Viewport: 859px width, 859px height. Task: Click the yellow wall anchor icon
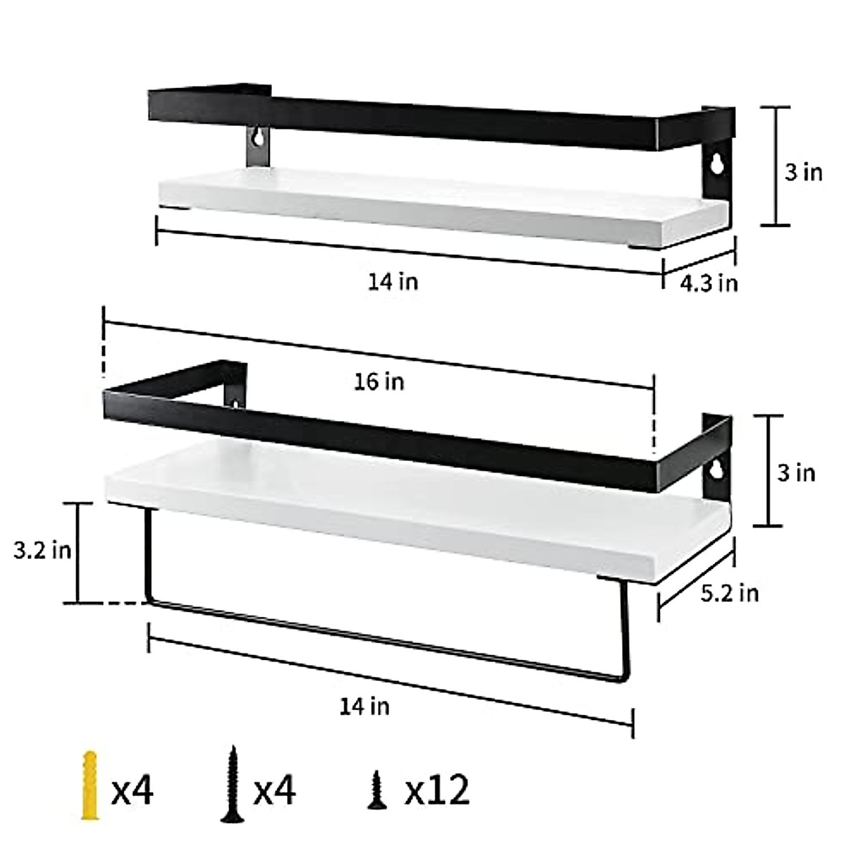(x=89, y=785)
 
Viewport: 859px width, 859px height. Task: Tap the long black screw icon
(x=230, y=785)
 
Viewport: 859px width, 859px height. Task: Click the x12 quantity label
(x=437, y=790)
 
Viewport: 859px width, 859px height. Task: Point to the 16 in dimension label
(x=379, y=382)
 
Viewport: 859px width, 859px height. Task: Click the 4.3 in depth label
(x=708, y=283)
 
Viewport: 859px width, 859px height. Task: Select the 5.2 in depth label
(x=729, y=593)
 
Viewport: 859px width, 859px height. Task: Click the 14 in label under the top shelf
(x=393, y=281)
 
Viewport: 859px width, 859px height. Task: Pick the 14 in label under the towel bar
(x=364, y=707)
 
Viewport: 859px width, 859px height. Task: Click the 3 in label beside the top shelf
(x=803, y=173)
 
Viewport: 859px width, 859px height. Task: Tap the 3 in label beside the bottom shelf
(x=795, y=473)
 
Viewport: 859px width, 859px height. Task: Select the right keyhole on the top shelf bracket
(x=716, y=165)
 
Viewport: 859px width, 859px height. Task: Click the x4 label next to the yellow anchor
(x=132, y=790)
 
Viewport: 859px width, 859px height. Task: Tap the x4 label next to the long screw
(x=275, y=790)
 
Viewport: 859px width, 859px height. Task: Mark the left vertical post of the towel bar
(x=149, y=555)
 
